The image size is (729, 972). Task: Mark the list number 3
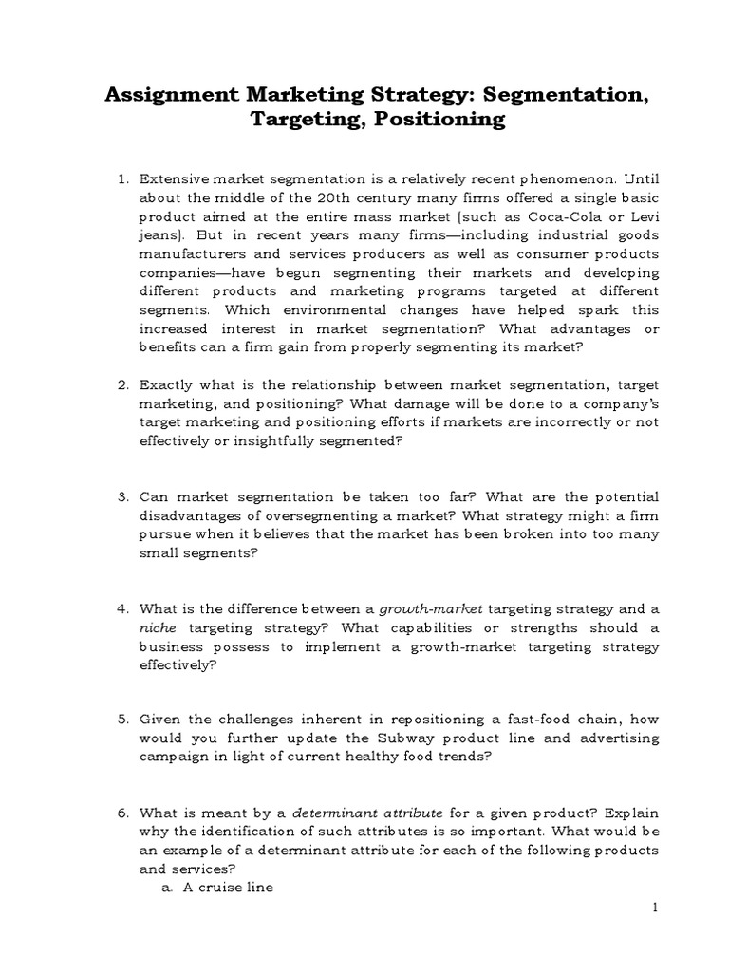[122, 497]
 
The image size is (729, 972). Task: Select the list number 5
[122, 720]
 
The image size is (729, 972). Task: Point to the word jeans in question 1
[159, 237]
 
